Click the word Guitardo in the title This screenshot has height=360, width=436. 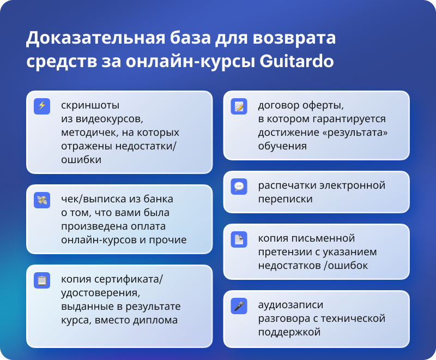click(296, 61)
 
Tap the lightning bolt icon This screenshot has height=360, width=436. click(42, 106)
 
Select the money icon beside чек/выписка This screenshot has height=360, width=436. click(42, 200)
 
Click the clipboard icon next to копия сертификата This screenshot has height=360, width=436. click(42, 280)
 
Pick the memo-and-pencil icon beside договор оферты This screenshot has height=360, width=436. click(239, 106)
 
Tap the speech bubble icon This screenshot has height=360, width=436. click(239, 187)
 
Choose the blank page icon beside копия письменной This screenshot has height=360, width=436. click(239, 239)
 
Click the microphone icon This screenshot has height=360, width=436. click(239, 306)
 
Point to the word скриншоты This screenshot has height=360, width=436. click(90, 105)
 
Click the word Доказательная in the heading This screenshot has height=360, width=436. click(95, 38)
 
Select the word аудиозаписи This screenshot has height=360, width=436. click(290, 305)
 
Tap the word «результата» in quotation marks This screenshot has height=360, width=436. click(355, 133)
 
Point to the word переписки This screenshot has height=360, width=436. click(285, 199)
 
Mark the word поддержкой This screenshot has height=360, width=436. click(289, 332)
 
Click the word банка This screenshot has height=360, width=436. click(158, 199)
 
